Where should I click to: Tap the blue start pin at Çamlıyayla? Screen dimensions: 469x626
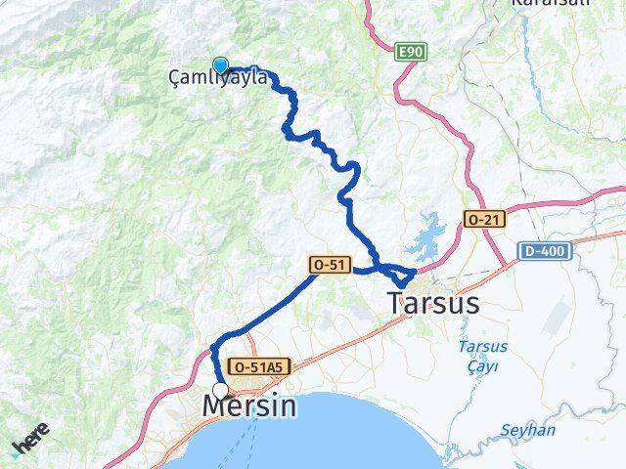[x=221, y=66]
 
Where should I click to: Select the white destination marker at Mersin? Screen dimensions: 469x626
[x=221, y=390]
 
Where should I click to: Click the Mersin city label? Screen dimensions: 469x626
[x=248, y=405]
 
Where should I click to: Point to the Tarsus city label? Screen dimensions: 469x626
[x=433, y=304]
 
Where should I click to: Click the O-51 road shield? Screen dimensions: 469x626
[x=326, y=264]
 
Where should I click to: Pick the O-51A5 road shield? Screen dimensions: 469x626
[x=258, y=366]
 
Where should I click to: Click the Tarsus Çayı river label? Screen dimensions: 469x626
[x=479, y=358]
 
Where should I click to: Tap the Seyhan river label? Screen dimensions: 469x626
[x=527, y=431]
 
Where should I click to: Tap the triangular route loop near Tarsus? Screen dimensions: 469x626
[x=403, y=275]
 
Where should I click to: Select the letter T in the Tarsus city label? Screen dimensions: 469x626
[x=396, y=304]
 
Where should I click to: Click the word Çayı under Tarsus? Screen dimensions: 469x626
[x=480, y=367]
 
